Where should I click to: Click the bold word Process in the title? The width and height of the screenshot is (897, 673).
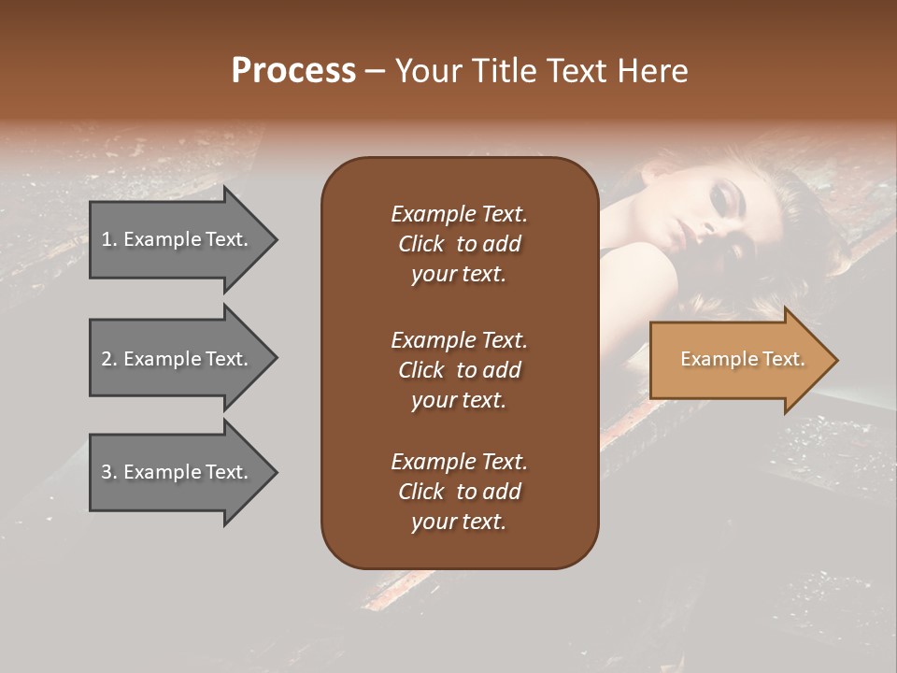293,71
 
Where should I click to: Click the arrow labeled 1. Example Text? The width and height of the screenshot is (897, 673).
178,239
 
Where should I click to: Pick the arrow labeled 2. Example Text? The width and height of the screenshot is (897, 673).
178,359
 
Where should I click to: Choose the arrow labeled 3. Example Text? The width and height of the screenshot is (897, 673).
178,472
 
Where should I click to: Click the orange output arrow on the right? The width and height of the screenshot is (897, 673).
738,360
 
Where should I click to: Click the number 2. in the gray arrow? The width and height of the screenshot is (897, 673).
109,359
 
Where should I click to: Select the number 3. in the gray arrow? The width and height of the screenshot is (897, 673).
109,472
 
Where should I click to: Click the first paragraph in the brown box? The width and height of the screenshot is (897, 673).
459,244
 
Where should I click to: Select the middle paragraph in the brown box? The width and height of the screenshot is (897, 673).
459,370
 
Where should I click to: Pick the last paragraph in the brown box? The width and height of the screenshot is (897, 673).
459,492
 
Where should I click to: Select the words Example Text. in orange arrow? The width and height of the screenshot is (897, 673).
742,359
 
